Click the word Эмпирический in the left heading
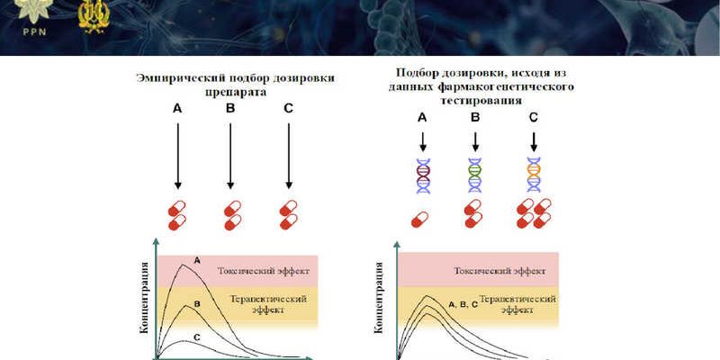pos(178,78)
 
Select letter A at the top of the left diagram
pos(177,109)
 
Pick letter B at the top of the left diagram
pos(230,109)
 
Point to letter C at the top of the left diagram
pos(287,109)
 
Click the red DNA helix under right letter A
pos(421,175)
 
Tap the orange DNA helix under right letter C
pos(534,175)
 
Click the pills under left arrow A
pos(177,214)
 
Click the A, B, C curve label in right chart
pos(463,305)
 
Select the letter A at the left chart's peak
pos(197,259)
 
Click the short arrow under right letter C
pos(534,140)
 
